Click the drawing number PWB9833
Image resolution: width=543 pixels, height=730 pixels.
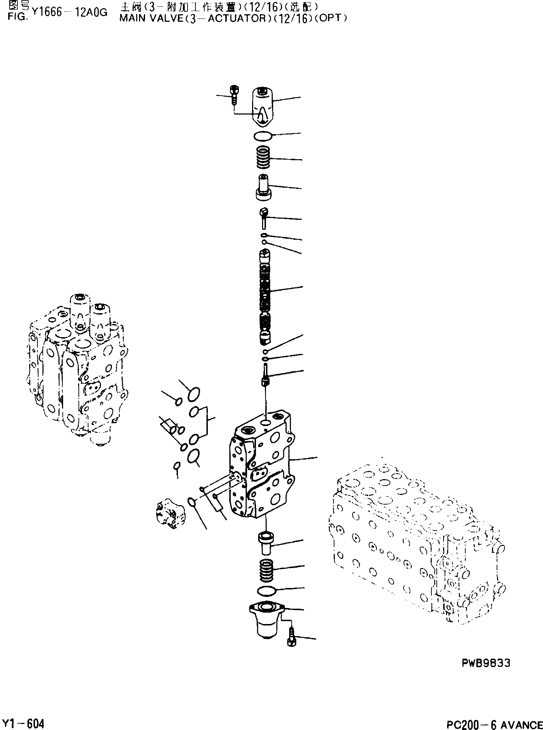point(486,663)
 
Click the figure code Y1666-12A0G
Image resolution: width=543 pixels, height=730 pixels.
point(69,13)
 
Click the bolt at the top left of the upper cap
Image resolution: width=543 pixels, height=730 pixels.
point(234,95)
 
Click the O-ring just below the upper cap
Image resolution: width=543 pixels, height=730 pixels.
point(263,136)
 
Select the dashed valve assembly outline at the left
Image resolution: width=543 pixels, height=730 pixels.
point(77,367)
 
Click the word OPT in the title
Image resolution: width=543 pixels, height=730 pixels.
point(331,19)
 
